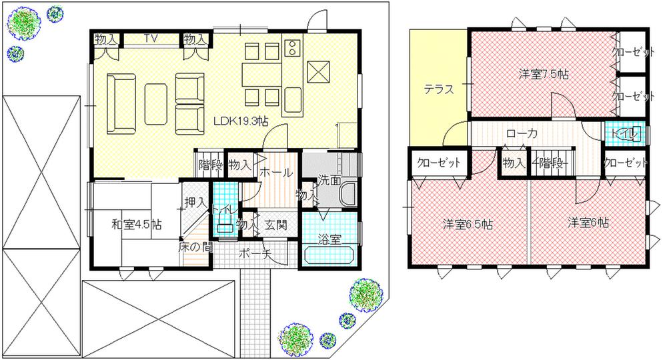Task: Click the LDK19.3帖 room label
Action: click(241, 121)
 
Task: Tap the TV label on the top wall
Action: click(150, 39)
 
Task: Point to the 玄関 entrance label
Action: click(275, 225)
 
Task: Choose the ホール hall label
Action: click(275, 173)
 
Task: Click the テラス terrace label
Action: click(440, 89)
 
